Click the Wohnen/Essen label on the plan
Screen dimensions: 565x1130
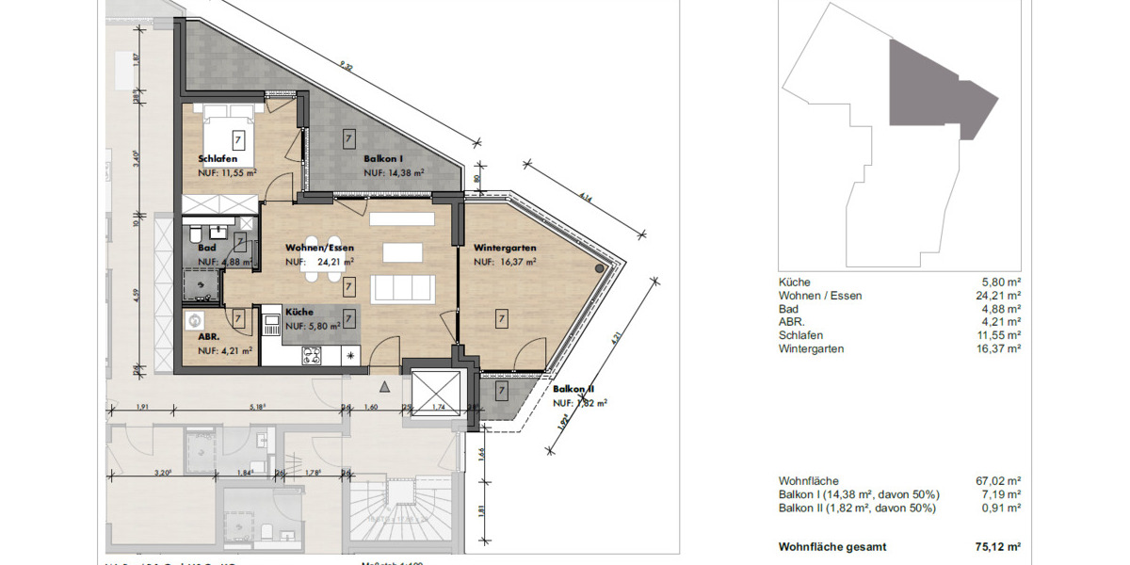(320, 248)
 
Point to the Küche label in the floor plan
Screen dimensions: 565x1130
(299, 311)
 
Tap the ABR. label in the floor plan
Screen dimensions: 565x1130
(209, 336)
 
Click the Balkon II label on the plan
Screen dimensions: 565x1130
(573, 389)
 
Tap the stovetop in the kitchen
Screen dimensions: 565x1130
(311, 356)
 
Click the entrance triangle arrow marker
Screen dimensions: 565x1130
(383, 386)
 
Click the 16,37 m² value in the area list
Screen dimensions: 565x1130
(998, 348)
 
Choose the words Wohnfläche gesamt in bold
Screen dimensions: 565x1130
(832, 547)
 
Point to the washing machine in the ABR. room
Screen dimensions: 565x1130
(197, 318)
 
